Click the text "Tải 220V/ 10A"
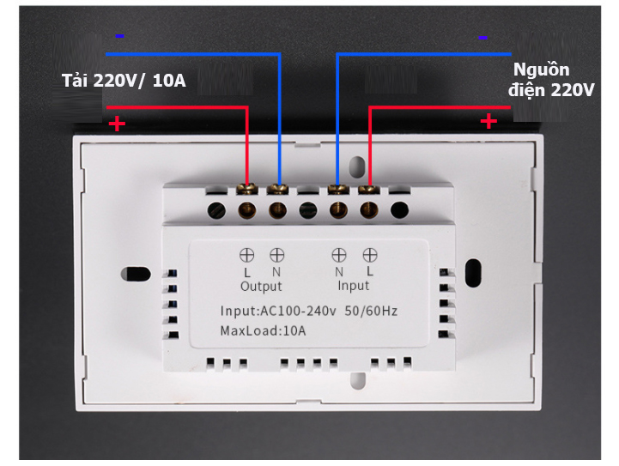tap(123, 82)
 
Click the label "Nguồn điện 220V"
tap(550, 80)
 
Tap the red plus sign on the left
tap(117, 124)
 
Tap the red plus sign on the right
tap(489, 121)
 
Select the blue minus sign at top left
tap(119, 36)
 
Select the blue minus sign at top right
tap(482, 37)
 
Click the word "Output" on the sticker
tap(261, 286)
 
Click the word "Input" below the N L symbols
tap(353, 285)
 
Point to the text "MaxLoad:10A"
tap(263, 330)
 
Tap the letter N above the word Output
tap(276, 272)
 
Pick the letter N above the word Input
tap(339, 271)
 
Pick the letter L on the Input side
tap(369, 271)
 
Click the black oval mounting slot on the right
tap(471, 272)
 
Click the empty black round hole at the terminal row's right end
tap(399, 209)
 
